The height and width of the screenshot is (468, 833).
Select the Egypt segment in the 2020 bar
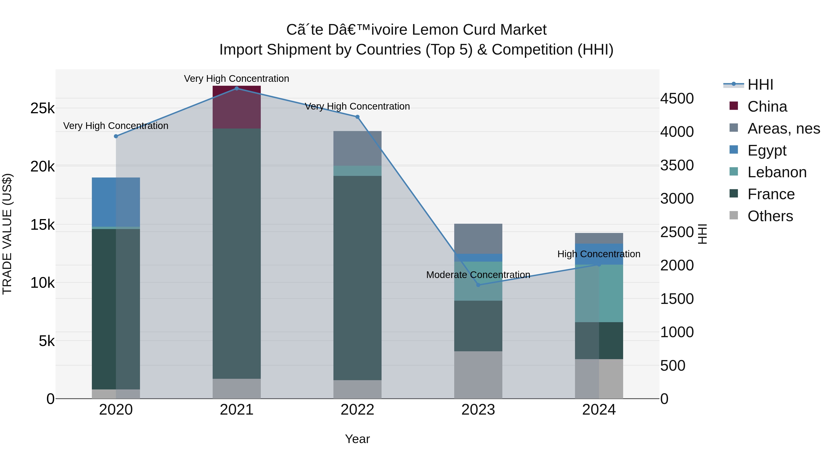pos(116,202)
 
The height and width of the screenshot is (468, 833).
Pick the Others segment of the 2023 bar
pos(478,375)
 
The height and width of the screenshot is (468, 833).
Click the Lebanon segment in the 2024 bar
pos(599,293)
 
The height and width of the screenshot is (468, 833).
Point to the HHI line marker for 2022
pos(357,117)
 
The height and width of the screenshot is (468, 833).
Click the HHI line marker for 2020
pos(116,136)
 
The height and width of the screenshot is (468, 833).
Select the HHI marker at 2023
pos(478,285)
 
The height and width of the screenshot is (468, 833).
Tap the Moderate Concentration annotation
pos(478,275)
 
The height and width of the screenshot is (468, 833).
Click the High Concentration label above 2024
pos(599,254)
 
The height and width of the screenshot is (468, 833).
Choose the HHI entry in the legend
pos(760,85)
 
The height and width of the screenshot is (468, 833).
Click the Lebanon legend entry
pos(777,172)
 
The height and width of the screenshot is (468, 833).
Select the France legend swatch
pos(734,194)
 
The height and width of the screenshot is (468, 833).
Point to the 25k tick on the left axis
pos(42,109)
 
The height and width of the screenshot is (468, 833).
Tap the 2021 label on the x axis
pos(236,410)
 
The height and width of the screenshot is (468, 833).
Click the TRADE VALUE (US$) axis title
pos(7,234)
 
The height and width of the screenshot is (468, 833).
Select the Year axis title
pos(357,439)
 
